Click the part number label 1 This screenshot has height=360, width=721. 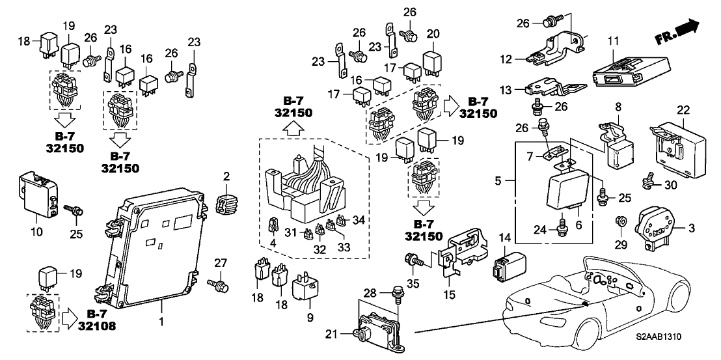161,322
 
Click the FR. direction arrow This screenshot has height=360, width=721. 683,30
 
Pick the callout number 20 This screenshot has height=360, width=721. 433,33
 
